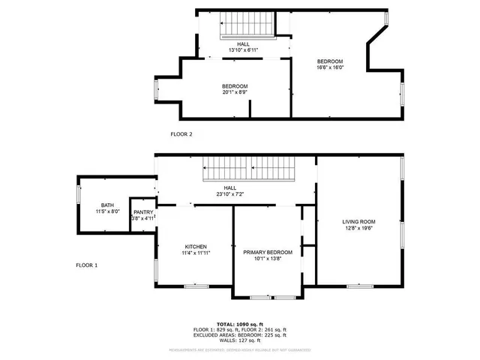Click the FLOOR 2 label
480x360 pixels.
(181, 134)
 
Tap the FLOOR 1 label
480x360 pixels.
(87, 265)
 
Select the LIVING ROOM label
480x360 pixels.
(358, 222)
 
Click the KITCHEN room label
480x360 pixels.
(196, 247)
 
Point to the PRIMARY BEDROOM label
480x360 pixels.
(268, 253)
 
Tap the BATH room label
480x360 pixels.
(108, 205)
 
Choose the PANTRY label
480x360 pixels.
(143, 212)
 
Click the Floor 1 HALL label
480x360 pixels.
(229, 187)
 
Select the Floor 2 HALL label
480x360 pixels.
(244, 44)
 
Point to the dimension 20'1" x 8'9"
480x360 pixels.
(234, 92)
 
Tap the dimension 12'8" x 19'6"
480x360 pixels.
(358, 229)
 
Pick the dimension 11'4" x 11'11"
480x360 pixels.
(196, 253)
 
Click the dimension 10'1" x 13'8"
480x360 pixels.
(268, 259)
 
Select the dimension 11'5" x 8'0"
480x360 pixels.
(108, 212)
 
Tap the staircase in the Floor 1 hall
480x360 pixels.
(251, 169)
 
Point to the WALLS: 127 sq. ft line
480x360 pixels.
(239, 340)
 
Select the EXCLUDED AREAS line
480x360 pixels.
(239, 335)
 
